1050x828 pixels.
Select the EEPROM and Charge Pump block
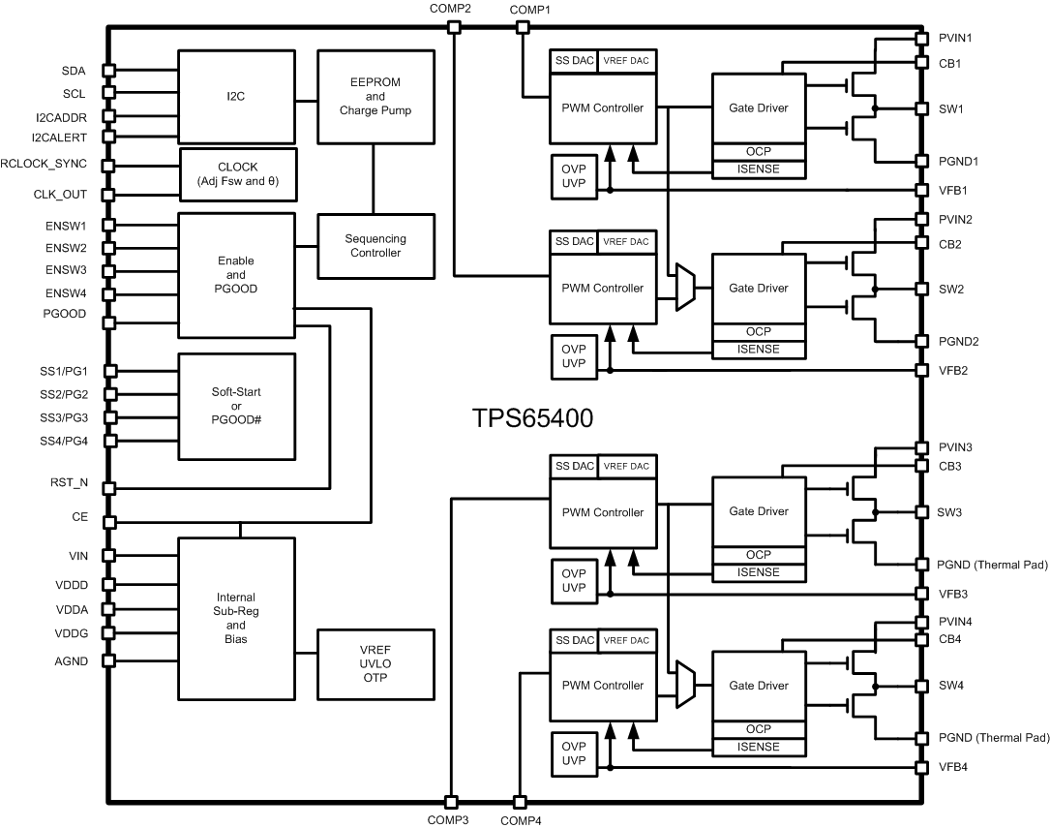(375, 97)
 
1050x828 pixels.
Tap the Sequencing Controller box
(375, 246)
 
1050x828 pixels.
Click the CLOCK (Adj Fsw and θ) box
(237, 173)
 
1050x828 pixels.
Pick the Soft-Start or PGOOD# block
(237, 407)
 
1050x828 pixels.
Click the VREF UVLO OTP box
(375, 662)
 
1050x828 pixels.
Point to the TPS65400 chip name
(532, 419)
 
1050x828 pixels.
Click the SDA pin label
(74, 71)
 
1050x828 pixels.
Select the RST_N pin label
(70, 480)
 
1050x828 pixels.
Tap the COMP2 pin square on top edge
(453, 27)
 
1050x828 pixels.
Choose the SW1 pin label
(950, 109)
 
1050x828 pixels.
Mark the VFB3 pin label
(953, 594)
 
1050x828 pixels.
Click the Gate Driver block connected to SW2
(759, 289)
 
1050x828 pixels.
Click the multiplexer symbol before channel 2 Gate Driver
(685, 289)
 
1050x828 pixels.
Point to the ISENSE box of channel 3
(759, 572)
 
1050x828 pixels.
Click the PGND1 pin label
(957, 161)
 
